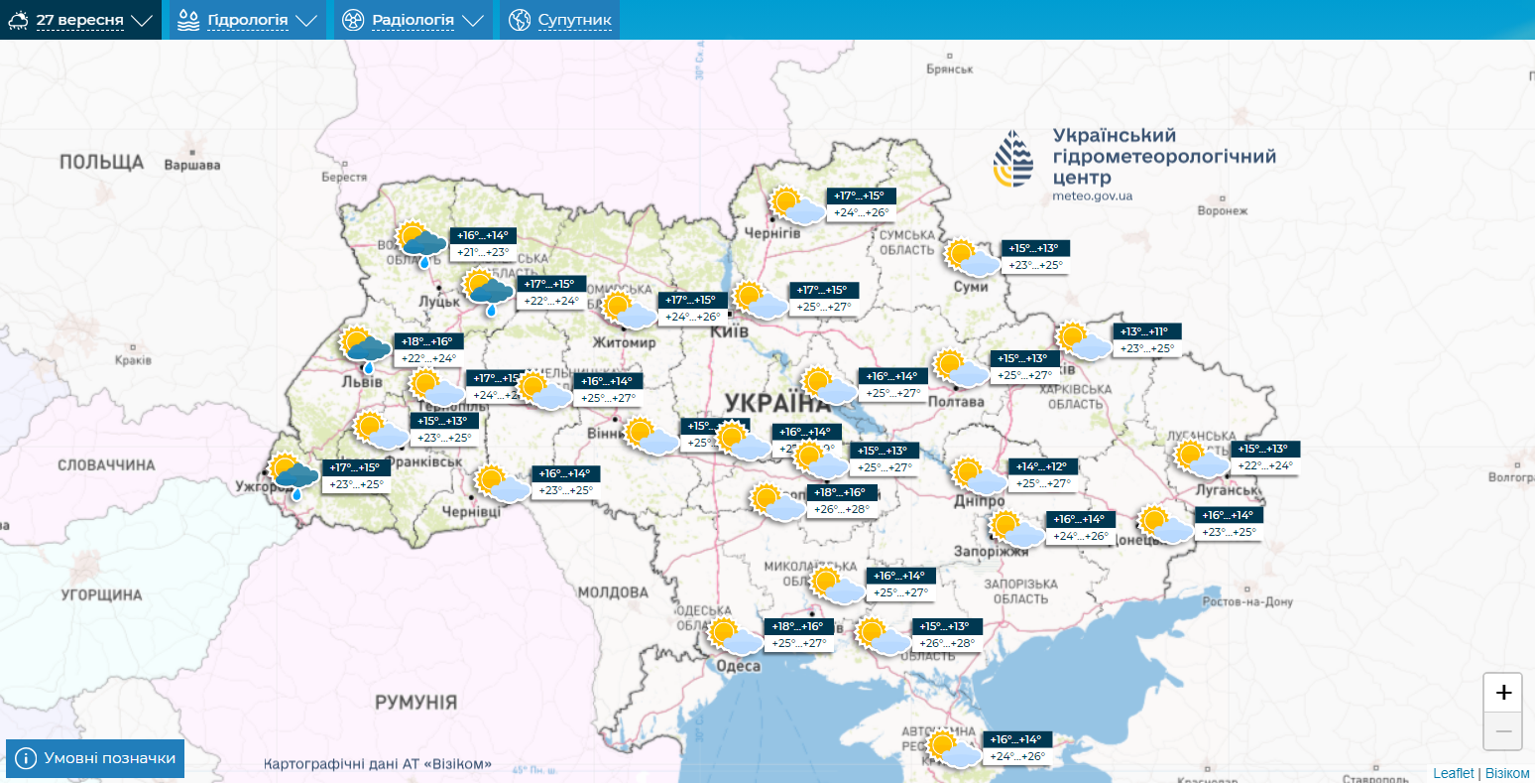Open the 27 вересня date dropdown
tap(80, 20)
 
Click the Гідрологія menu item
tap(248, 20)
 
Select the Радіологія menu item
tap(413, 20)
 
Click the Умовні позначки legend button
tap(95, 758)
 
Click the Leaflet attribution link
tap(1453, 773)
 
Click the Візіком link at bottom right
tap(1507, 773)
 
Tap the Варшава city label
tap(191, 165)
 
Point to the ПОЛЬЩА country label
tap(101, 162)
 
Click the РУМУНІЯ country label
tap(415, 703)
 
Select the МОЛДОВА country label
tap(612, 592)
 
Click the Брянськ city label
tap(949, 69)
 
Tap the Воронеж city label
tap(1222, 210)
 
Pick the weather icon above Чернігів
tap(795, 205)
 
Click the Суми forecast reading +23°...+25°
tap(1035, 266)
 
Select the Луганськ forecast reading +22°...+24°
tap(1264, 466)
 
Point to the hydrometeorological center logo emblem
tap(1013, 159)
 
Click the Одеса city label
tap(738, 666)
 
